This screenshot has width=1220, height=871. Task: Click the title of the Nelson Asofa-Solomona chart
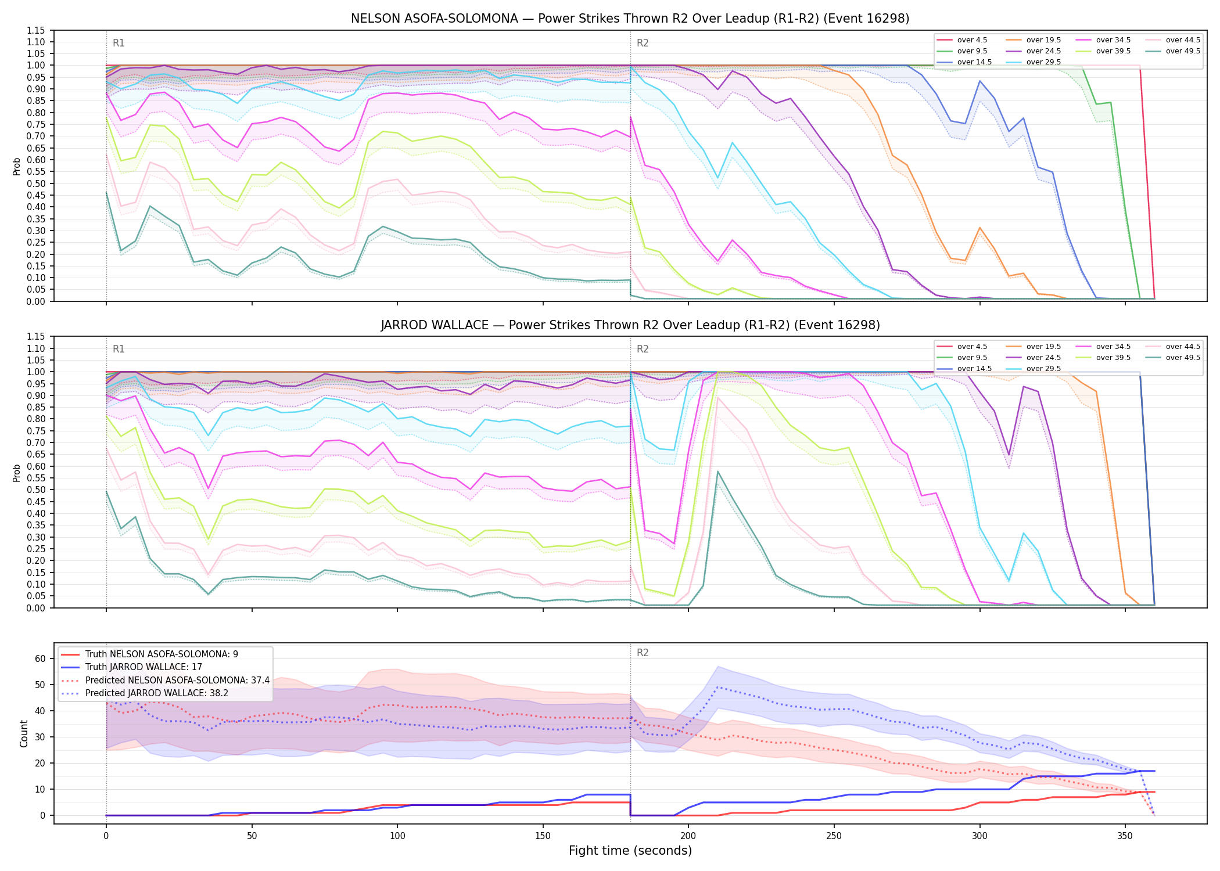click(x=630, y=19)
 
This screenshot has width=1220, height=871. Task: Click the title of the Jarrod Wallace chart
click(x=630, y=325)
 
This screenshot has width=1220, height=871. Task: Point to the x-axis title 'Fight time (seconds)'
click(x=630, y=851)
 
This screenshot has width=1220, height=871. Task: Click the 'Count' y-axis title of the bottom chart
click(x=24, y=733)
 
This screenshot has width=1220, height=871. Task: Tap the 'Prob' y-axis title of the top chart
click(x=17, y=166)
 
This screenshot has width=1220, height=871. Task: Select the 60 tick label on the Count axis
click(x=40, y=658)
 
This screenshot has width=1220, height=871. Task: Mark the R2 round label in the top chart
click(x=643, y=43)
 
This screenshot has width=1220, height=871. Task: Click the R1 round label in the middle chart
click(x=119, y=349)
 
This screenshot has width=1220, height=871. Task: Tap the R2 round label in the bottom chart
click(x=643, y=653)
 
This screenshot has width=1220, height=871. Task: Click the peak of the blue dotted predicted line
click(x=717, y=687)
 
